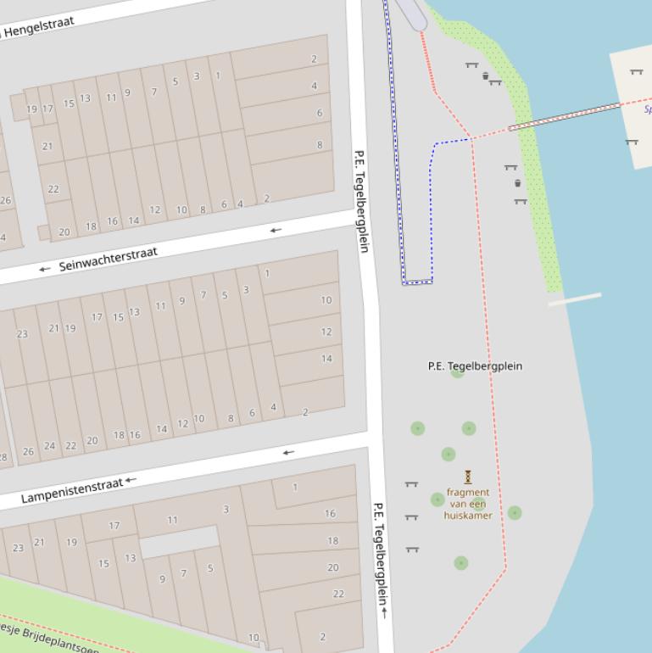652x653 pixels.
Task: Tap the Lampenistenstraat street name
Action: coord(72,490)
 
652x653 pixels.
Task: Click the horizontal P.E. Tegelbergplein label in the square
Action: coord(475,366)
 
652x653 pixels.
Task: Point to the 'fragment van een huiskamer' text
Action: coord(468,504)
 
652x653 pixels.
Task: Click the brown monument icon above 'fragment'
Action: coord(468,477)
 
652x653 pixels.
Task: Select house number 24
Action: coord(49,446)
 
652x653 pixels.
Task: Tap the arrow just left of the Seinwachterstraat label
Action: coord(45,269)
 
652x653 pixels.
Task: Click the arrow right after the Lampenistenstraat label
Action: coord(131,481)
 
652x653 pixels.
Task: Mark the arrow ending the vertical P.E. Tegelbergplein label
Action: coord(384,611)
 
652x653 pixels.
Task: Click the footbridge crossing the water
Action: coord(564,117)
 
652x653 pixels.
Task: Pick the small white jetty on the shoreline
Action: coord(574,299)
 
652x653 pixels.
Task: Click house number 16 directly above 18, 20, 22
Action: coord(330,513)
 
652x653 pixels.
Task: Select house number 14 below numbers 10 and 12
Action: coord(326,358)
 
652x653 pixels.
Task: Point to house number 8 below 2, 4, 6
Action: coord(320,145)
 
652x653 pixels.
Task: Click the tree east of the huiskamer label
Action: coord(515,513)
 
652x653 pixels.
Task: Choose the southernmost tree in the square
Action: coord(460,563)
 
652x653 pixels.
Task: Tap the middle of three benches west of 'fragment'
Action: coord(412,516)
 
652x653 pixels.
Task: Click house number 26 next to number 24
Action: coord(29,451)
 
